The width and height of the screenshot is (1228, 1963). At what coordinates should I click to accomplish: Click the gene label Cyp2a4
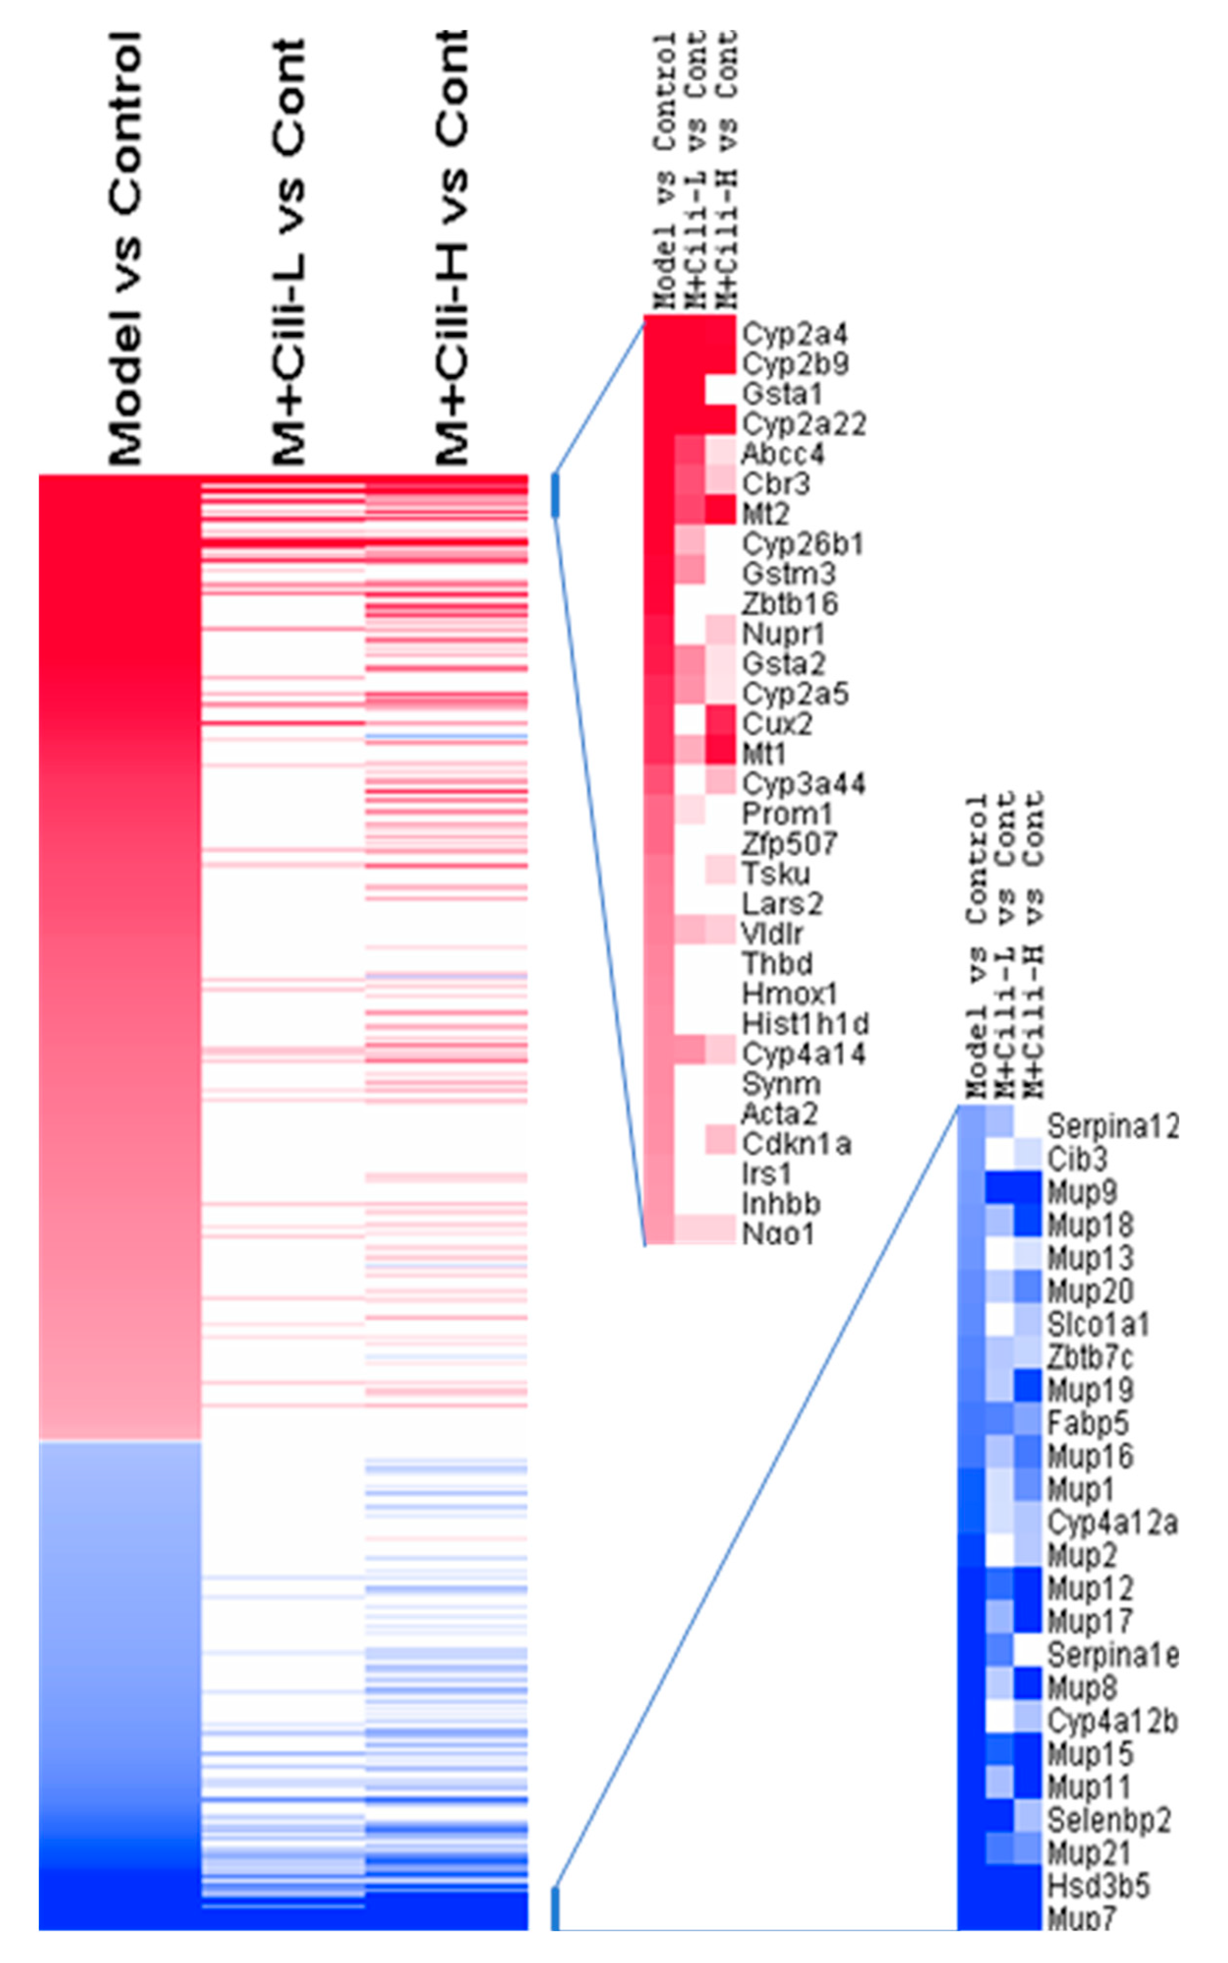click(x=794, y=334)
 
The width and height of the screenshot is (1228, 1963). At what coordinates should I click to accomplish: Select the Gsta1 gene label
click(x=781, y=394)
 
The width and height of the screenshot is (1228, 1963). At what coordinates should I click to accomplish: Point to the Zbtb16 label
click(x=789, y=604)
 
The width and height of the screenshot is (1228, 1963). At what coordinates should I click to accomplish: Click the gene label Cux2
click(x=776, y=723)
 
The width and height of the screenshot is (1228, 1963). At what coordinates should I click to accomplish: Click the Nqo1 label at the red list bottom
click(x=777, y=1233)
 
